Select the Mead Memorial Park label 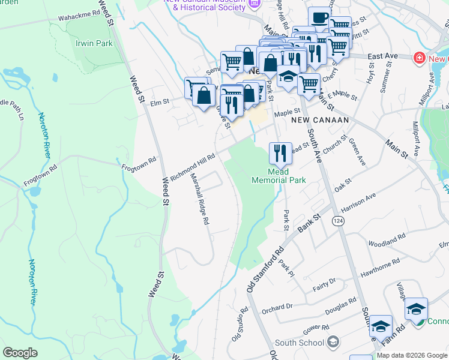(x=279, y=175)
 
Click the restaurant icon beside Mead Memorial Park (x=280, y=154)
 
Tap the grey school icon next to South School (x=333, y=343)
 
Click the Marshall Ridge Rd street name (x=199, y=199)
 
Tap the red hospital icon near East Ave (x=419, y=58)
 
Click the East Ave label (x=383, y=56)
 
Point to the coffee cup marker (x=319, y=17)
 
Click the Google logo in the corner (x=20, y=353)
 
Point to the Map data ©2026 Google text (x=412, y=355)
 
